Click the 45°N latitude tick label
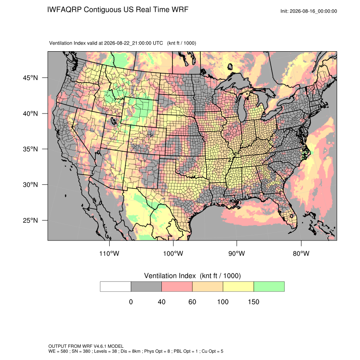30,78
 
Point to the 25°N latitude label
30,220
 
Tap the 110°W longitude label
109,253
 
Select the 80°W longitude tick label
301,253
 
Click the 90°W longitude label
237,253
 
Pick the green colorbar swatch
269,287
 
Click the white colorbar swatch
116,287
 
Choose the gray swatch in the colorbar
146,287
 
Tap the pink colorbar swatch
177,287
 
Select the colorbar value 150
253,302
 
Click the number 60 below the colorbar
192,302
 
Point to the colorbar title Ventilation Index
170,276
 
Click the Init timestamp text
309,11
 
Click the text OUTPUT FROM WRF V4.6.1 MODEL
86,346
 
